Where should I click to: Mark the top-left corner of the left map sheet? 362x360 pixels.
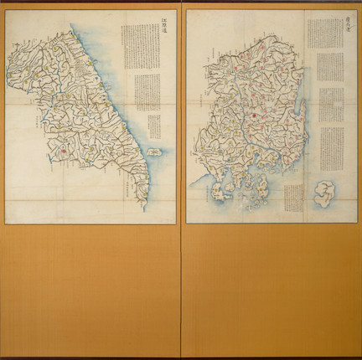[x=6, y=13]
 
